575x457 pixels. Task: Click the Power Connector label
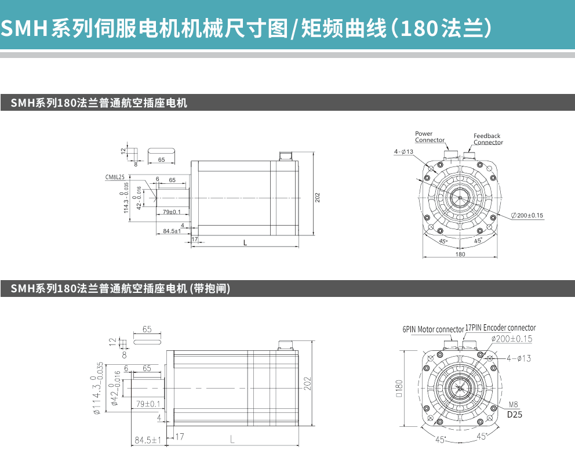click(x=430, y=137)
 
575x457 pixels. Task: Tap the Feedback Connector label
click(x=487, y=139)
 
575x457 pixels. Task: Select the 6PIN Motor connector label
click(x=433, y=329)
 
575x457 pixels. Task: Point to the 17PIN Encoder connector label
click(x=501, y=328)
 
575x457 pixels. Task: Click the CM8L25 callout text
click(x=115, y=177)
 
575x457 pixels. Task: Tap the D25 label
click(x=515, y=415)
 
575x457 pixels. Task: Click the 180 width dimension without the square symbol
click(x=460, y=254)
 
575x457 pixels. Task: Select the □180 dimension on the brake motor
click(x=399, y=387)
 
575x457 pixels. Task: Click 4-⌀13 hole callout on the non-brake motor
click(x=403, y=152)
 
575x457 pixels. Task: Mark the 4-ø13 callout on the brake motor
click(x=518, y=358)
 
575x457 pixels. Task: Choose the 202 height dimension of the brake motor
click(x=308, y=383)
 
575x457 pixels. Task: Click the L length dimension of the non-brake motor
click(x=245, y=243)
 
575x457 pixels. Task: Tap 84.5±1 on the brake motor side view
click(x=148, y=440)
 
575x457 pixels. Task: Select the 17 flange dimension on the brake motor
click(x=180, y=436)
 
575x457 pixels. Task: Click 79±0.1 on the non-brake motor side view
click(x=172, y=212)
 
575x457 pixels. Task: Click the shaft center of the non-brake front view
click(x=460, y=198)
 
